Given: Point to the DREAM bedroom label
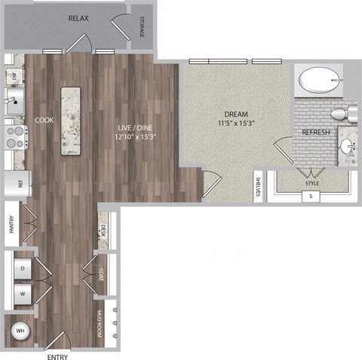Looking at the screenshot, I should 236,115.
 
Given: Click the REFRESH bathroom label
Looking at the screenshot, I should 317,133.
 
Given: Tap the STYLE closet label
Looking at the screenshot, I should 311,182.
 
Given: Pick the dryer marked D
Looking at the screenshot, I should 23,268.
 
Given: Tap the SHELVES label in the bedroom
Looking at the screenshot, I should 258,186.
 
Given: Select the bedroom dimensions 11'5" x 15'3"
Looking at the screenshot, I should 236,125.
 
